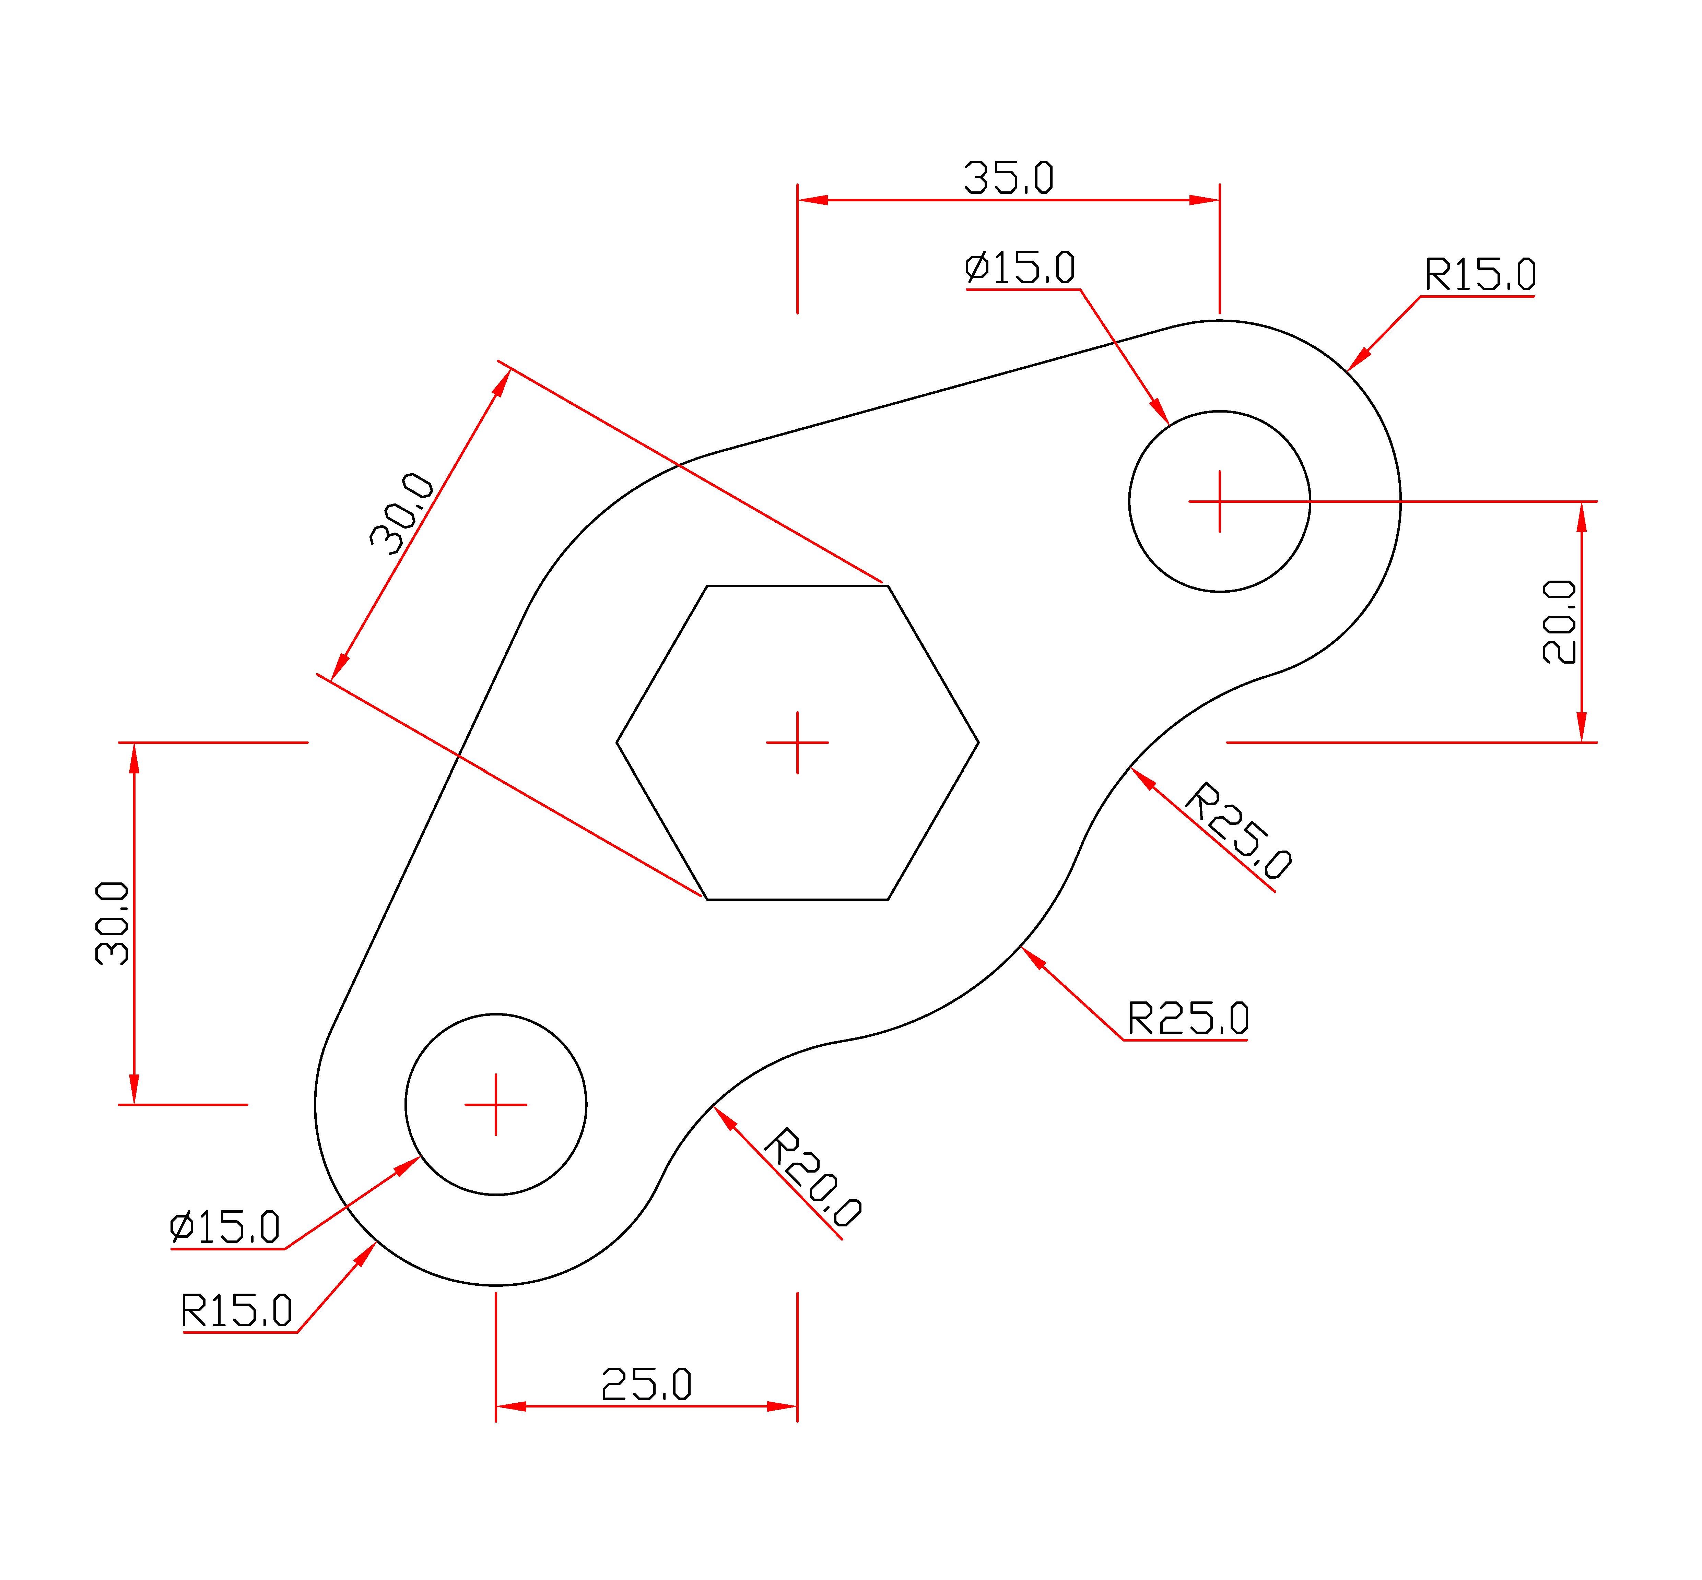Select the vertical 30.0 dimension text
tap(112, 923)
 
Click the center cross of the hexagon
tap(797, 742)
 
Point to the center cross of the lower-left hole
tap(496, 1105)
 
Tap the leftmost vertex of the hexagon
tap(617, 742)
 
